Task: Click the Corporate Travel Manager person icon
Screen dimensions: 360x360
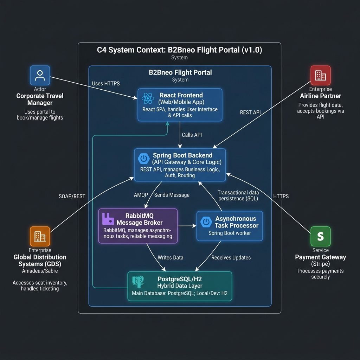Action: pos(40,75)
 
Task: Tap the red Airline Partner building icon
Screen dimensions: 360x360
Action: pos(320,75)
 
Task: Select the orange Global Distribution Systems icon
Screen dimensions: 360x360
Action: pos(40,236)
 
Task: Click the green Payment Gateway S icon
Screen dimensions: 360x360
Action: pos(320,236)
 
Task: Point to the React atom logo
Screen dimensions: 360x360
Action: pos(147,98)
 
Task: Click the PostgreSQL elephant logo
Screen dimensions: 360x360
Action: pos(138,282)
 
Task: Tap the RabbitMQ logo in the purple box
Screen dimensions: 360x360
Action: pos(108,219)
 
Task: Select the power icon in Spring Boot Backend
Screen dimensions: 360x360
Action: pos(143,159)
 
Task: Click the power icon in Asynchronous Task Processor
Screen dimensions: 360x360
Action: pos(206,222)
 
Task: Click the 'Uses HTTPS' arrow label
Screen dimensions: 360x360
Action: pos(106,84)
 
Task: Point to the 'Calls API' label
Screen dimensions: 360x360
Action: pos(192,135)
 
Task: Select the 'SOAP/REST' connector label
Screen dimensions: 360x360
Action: pos(72,196)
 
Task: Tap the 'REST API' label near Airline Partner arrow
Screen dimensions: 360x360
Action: pos(251,112)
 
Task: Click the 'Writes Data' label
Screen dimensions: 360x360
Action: pos(171,257)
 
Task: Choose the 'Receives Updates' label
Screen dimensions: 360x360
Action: pos(231,257)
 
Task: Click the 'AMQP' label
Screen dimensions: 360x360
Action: pos(141,195)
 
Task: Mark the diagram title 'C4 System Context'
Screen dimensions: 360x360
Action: pos(179,50)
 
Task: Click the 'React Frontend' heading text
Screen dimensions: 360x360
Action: pos(181,95)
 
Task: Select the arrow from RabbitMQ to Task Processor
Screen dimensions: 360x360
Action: pos(187,226)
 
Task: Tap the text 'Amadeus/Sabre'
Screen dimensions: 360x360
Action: pos(40,271)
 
